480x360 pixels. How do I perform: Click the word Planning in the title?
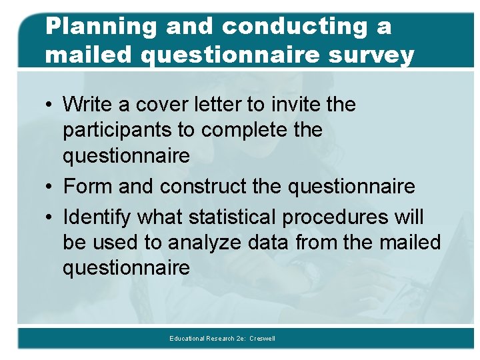(x=101, y=27)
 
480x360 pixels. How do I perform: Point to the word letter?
(x=213, y=105)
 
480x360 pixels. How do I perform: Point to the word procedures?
(x=333, y=217)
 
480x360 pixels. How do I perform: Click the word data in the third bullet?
(x=269, y=243)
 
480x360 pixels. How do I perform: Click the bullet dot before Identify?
(x=51, y=218)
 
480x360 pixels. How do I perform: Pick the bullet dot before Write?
(x=51, y=105)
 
